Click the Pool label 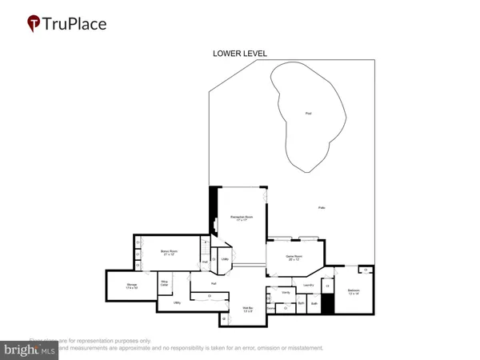[308, 113]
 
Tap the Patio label [322, 208]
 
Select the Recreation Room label [238, 217]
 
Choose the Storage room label [133, 286]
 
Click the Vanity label [286, 294]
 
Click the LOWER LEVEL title [239, 54]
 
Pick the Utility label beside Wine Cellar [177, 303]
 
